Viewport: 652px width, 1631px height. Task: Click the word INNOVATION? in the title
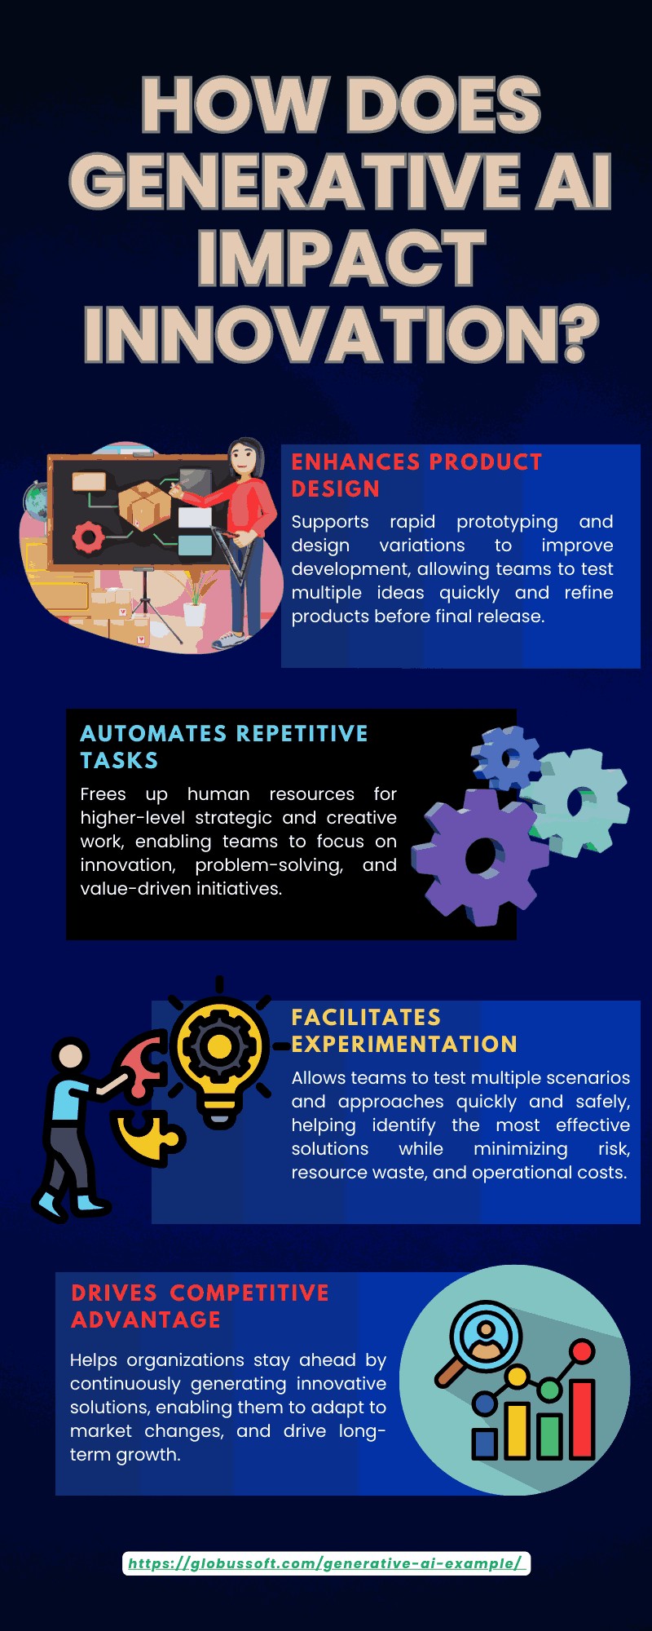[x=341, y=334]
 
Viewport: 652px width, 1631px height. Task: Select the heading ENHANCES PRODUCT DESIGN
[x=416, y=475]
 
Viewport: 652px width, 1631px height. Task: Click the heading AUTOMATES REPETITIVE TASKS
[x=224, y=747]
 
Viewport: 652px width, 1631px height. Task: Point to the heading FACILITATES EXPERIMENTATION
[x=404, y=1031]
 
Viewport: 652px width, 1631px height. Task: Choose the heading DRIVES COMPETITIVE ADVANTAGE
[x=200, y=1306]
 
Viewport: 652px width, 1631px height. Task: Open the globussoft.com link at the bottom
[x=326, y=1563]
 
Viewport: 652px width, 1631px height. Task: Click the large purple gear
[x=479, y=856]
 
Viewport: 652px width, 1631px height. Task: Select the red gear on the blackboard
[x=88, y=537]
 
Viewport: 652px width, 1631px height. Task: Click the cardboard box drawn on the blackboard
[x=144, y=505]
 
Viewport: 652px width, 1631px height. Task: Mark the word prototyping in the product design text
[x=507, y=522]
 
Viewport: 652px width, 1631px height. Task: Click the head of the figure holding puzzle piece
[x=71, y=1055]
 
